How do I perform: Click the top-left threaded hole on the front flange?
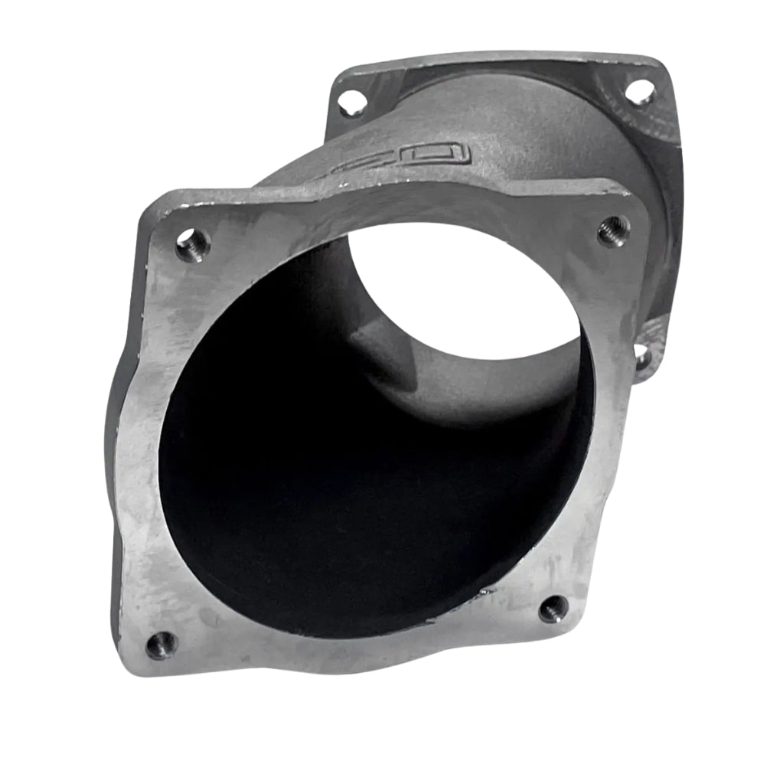pos(193,244)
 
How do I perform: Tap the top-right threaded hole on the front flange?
pos(613,230)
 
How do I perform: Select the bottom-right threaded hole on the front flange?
pos(553,609)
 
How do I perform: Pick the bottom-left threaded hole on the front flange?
pos(161,645)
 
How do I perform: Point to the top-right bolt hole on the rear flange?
pos(640,92)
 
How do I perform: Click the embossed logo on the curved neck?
pos(398,158)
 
